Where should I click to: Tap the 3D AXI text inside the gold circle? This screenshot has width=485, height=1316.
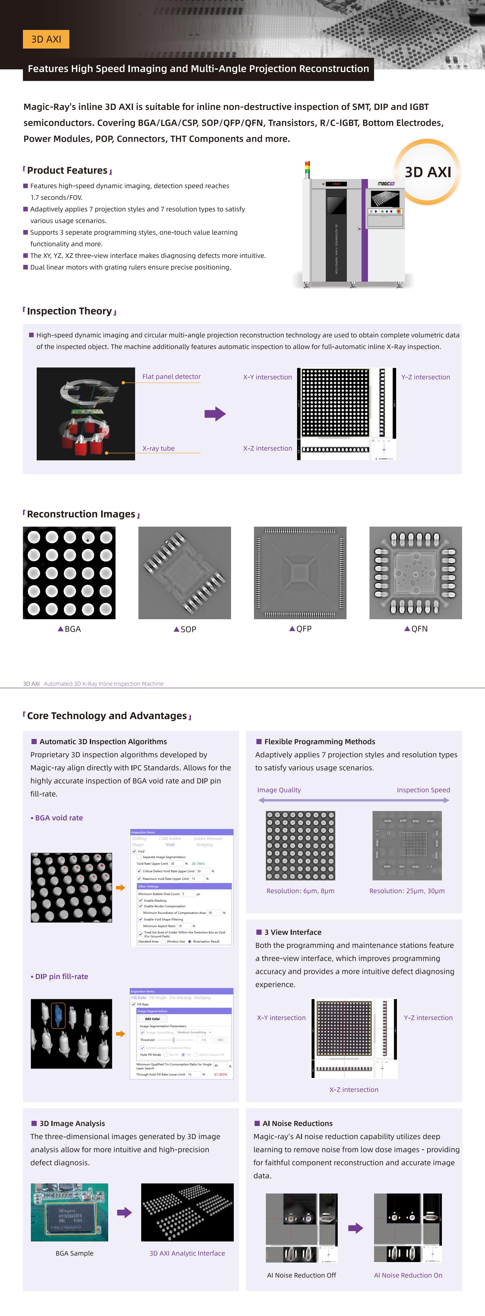[x=428, y=172]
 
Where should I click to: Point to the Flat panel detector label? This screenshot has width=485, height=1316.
[x=171, y=377]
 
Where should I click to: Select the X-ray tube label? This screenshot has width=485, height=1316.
[x=158, y=448]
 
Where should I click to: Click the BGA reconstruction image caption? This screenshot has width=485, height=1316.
[x=69, y=629]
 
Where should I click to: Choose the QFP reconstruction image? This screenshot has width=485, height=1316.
[x=300, y=573]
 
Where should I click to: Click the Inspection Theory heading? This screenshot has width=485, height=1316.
[x=69, y=311]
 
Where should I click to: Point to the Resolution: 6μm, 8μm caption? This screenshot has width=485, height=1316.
[x=300, y=890]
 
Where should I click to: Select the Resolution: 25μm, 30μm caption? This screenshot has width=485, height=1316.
[x=407, y=890]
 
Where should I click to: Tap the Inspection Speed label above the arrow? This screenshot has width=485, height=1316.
[x=423, y=790]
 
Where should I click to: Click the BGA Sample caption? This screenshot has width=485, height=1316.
[x=75, y=1253]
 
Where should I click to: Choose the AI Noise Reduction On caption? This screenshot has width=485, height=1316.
[x=408, y=1275]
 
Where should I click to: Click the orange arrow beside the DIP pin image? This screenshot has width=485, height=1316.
[x=121, y=1033]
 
